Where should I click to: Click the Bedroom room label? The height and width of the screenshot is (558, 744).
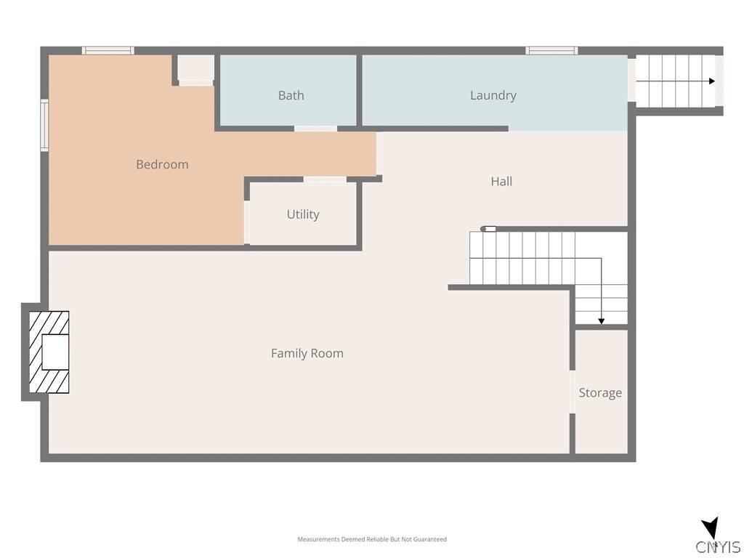[x=162, y=165]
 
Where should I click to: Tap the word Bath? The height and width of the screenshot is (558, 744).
[x=291, y=95]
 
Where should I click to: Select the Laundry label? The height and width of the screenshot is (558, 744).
[x=493, y=95]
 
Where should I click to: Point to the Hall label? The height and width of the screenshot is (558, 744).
[x=501, y=181]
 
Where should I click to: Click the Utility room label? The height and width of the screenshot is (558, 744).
[x=303, y=214]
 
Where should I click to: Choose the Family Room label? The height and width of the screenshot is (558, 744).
[x=307, y=354]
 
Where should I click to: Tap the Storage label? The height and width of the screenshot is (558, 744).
[x=600, y=393]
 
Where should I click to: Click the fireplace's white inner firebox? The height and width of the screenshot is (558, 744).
[x=55, y=352]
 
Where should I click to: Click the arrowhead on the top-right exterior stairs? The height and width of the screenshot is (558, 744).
[x=712, y=81]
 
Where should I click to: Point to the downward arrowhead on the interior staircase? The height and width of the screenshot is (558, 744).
[x=601, y=321]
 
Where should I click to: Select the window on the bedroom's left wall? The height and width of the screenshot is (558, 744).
[x=44, y=125]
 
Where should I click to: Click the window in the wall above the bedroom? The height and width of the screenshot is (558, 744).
[x=108, y=51]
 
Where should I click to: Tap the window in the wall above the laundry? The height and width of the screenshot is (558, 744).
[x=551, y=51]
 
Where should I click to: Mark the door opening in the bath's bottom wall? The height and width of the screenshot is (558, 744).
[x=315, y=129]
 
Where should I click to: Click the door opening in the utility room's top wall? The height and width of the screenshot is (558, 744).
[x=325, y=179]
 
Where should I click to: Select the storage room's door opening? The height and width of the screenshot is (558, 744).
[x=573, y=392]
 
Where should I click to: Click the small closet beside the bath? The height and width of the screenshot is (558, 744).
[x=196, y=68]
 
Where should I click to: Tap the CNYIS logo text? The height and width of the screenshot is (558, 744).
[x=718, y=547]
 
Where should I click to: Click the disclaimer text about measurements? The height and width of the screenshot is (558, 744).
[x=372, y=539]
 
